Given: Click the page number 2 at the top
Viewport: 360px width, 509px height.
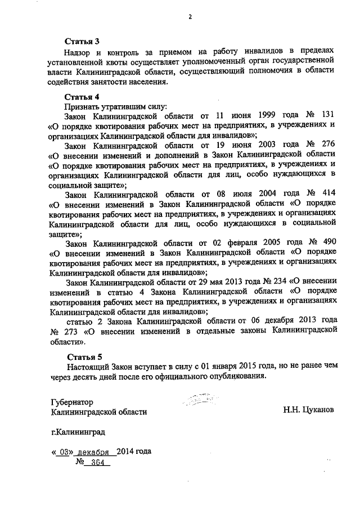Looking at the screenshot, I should (190, 16).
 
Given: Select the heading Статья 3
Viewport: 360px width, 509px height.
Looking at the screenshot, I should (82, 41).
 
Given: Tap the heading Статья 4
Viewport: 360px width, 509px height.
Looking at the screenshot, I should (82, 97).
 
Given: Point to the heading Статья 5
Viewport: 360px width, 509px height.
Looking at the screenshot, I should (84, 357).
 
